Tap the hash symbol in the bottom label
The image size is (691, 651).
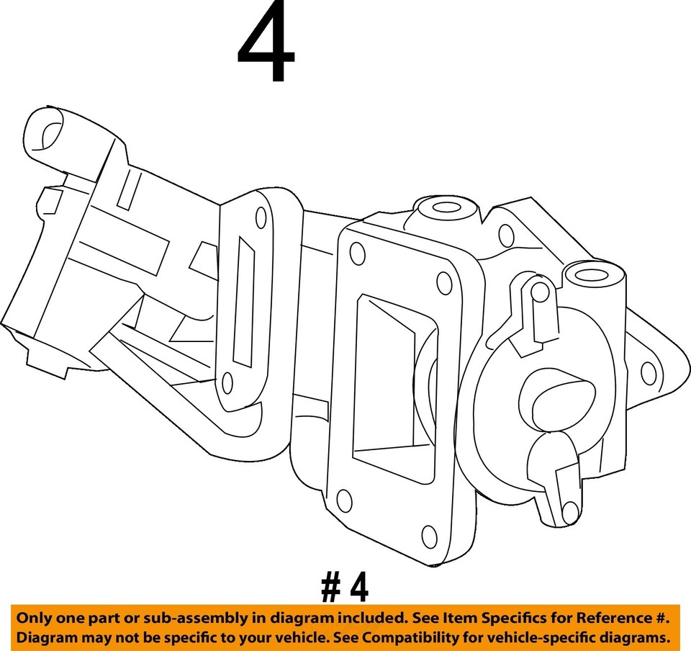click(x=330, y=588)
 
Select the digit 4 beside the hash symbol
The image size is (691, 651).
click(x=358, y=588)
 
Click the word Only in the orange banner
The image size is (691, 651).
click(x=34, y=618)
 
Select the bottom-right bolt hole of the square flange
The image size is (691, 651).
click(x=428, y=535)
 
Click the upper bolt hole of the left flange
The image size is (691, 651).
click(x=260, y=215)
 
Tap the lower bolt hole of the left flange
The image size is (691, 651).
click(x=227, y=384)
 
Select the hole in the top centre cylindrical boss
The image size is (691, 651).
click(x=446, y=207)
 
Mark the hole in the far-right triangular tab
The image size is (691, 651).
click(x=647, y=373)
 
